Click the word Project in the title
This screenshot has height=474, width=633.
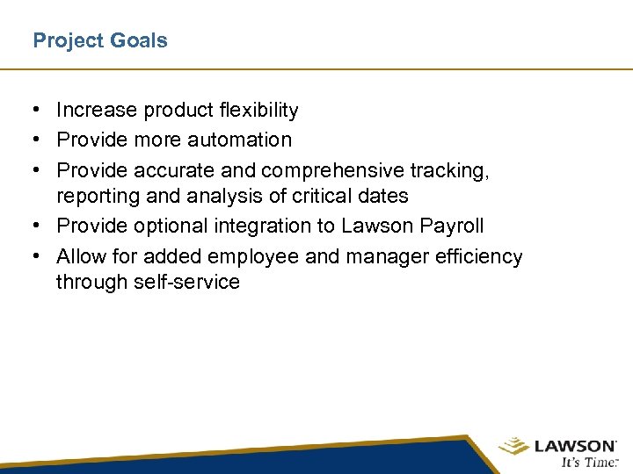(x=64, y=41)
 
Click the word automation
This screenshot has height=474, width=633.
(x=238, y=140)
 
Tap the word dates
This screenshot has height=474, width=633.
(x=384, y=197)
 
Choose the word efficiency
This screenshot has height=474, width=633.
(x=480, y=256)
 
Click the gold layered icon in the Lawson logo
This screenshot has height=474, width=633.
(x=514, y=447)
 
